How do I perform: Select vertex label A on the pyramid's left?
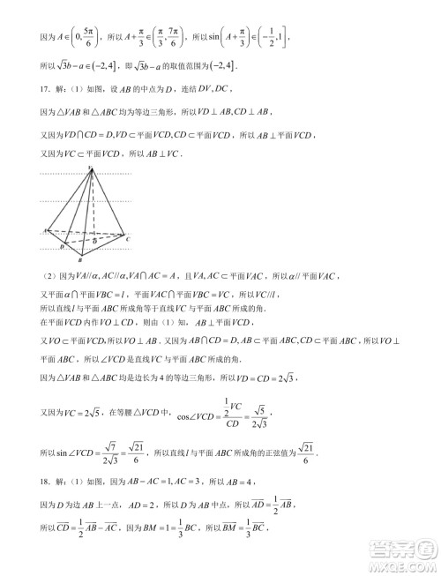pos(44,230)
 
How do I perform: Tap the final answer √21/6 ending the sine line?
pos(305,453)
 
